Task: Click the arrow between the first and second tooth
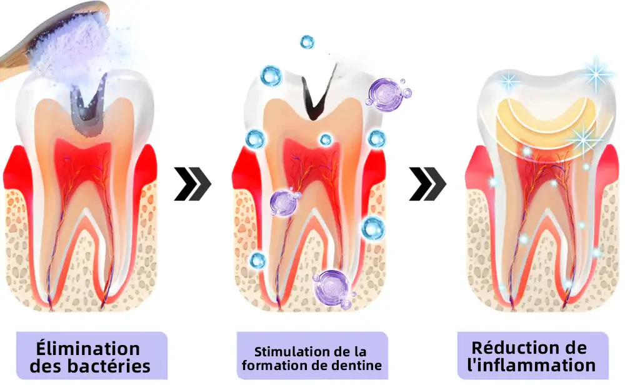[x=192, y=184]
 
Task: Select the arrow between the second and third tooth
[x=427, y=184]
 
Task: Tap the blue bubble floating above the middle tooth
[x=307, y=42]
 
